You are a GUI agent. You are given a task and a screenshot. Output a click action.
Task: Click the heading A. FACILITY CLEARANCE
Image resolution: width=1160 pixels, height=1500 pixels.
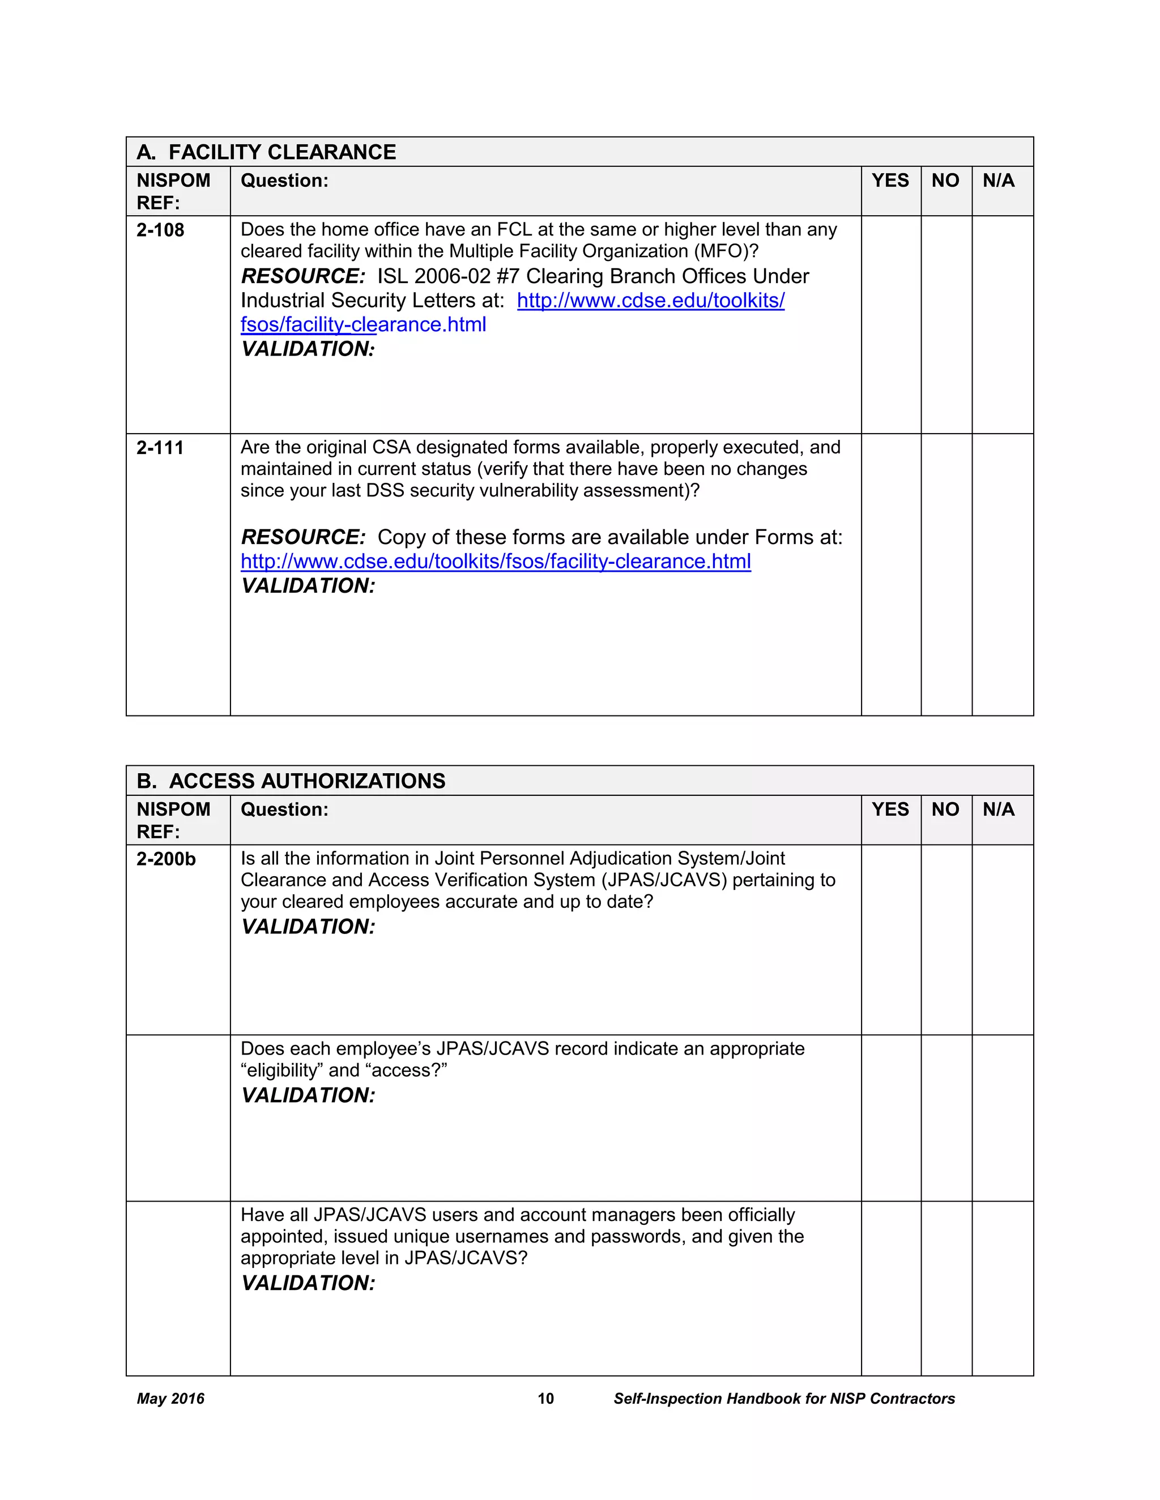[x=266, y=152]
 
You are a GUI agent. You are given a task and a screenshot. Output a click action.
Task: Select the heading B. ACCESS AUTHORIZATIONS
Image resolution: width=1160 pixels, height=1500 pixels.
[x=291, y=781]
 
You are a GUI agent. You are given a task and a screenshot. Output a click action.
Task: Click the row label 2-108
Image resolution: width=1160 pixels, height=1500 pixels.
[x=160, y=230]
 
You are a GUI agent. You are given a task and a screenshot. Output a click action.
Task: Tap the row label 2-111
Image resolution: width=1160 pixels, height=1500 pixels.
[x=160, y=448]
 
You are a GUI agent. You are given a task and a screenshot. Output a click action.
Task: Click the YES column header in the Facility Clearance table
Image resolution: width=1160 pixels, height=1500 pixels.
[x=890, y=181]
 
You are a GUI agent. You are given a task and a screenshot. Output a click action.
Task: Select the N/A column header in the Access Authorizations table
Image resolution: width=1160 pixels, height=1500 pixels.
[x=998, y=810]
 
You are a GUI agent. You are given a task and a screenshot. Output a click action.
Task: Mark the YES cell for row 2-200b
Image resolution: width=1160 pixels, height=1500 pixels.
[x=890, y=940]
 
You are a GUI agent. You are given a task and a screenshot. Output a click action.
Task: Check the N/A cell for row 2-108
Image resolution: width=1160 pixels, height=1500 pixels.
[x=1002, y=324]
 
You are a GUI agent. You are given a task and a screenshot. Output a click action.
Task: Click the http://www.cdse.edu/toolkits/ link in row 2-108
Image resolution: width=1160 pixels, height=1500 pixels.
[x=650, y=300]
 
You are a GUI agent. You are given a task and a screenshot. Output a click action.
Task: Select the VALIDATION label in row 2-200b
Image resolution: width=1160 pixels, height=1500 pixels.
[x=308, y=927]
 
